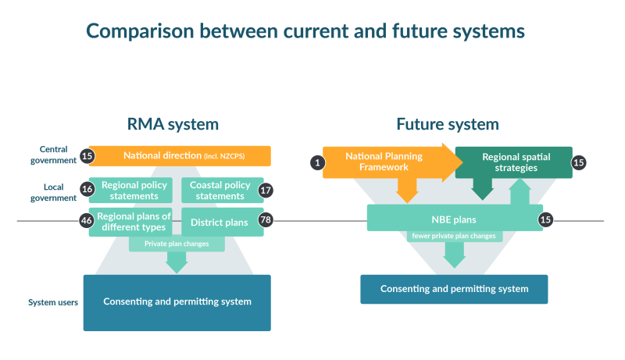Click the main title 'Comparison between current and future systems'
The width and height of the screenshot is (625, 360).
pyautogui.click(x=305, y=30)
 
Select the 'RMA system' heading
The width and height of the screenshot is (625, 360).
pyautogui.click(x=173, y=124)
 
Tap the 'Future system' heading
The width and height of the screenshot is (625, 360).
pyautogui.click(x=447, y=124)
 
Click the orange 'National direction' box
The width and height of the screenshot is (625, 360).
pyautogui.click(x=180, y=156)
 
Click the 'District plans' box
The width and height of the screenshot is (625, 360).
pyautogui.click(x=219, y=222)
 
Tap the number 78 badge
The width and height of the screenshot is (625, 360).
pyautogui.click(x=266, y=221)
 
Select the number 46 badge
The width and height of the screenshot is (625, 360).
pyautogui.click(x=87, y=221)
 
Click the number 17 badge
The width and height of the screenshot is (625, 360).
pyautogui.click(x=266, y=190)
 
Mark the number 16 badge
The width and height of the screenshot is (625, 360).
pyautogui.click(x=87, y=190)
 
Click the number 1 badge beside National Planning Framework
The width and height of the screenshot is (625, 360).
pyautogui.click(x=317, y=162)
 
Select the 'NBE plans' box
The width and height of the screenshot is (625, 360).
pyautogui.click(x=454, y=219)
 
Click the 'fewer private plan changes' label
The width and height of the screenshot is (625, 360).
pyautogui.click(x=454, y=236)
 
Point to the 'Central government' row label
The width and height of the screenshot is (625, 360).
pyautogui.click(x=54, y=154)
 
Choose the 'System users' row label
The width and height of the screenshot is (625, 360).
pyautogui.click(x=53, y=302)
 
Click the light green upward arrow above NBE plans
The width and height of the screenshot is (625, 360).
pyautogui.click(x=520, y=194)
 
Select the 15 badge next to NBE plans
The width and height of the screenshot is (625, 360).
pyautogui.click(x=546, y=219)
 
